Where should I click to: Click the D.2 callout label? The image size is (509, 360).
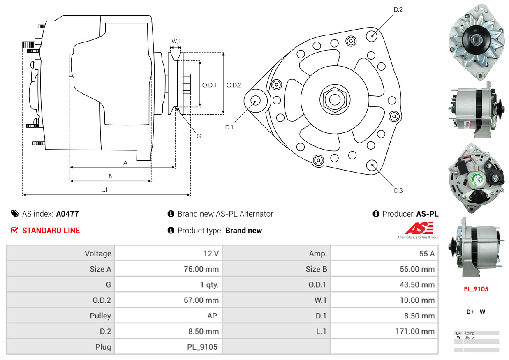point(398,9)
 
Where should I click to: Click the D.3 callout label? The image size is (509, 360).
point(398,190)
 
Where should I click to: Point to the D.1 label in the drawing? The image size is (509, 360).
point(229,127)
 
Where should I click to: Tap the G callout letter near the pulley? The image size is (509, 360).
point(199,136)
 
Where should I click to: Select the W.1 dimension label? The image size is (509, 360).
point(176,41)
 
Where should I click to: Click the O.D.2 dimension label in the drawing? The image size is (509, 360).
point(234,85)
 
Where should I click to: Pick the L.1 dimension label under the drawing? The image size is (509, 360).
point(104,189)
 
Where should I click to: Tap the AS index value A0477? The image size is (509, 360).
point(67,214)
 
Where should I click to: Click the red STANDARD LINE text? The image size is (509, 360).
point(51,231)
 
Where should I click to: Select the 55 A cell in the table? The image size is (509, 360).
point(426,254)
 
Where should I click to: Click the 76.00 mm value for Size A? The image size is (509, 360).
point(201,269)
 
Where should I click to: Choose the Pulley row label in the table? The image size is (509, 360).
point(100,316)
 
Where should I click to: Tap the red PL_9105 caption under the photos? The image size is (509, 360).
point(476,289)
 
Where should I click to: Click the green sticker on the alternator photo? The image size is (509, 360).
point(477,179)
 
